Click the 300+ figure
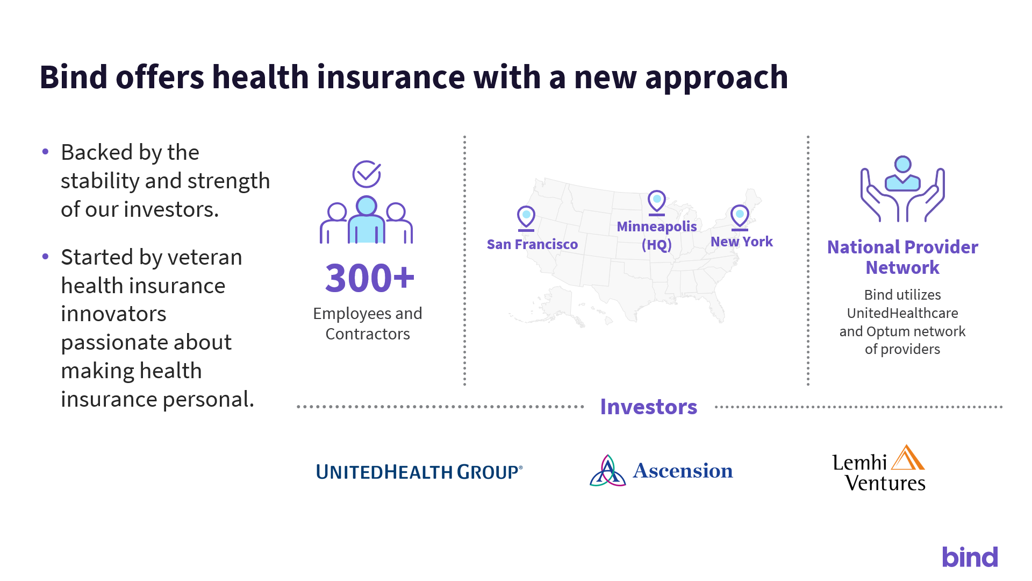pos(370,278)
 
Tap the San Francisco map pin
pos(526,218)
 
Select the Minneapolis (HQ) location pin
pos(657,203)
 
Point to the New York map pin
pos(740,217)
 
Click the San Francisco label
pos(532,244)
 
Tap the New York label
pos(742,242)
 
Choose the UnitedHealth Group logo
pos(419,472)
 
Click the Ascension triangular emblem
pos(607,471)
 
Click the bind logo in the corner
pos(970,557)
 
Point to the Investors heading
pos(649,407)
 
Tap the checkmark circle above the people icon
pos(367,174)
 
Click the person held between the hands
pos(903,173)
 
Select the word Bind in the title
pos(74,76)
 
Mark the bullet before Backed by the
pos(46,152)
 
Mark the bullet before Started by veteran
pos(46,257)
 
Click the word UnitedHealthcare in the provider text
pos(902,313)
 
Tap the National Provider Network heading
pos(903,257)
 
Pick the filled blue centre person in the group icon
pos(367,220)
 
